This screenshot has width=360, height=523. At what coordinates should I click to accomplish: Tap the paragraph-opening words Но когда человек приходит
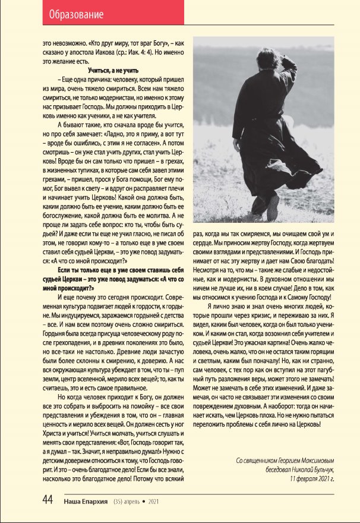tap(95, 397)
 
